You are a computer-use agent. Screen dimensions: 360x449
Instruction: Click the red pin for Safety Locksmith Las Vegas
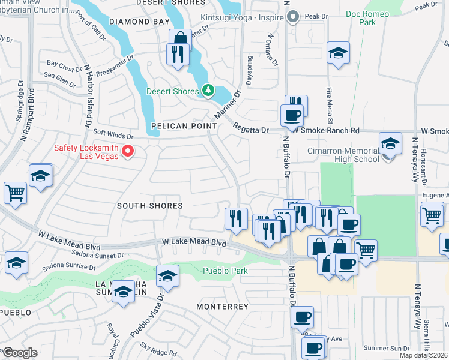[x=127, y=151]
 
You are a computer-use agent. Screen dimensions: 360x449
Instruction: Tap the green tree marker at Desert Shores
[x=208, y=91]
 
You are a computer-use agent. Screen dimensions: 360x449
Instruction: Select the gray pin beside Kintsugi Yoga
[x=293, y=17]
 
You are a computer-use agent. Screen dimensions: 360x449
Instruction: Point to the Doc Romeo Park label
[x=367, y=17]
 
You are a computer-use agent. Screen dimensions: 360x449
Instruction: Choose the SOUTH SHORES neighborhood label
[x=149, y=206]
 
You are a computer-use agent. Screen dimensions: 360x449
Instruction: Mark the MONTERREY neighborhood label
[x=222, y=307]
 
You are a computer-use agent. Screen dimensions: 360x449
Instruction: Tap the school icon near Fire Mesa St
[x=339, y=53]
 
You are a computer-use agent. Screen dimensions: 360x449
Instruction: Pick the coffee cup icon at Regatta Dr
[x=292, y=115]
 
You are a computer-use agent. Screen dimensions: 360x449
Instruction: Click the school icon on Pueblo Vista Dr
[x=167, y=277]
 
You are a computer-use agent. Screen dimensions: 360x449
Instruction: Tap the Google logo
[x=20, y=352]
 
